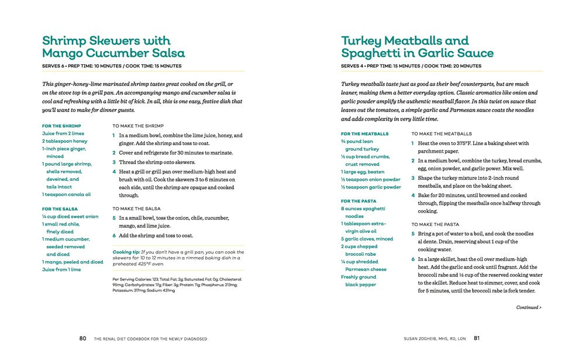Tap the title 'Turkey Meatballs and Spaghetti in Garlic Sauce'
pyautogui.click(x=417, y=47)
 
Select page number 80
pyautogui.click(x=82, y=338)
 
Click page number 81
pyautogui.click(x=477, y=338)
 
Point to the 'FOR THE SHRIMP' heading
pyautogui.click(x=61, y=126)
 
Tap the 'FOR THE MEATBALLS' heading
pyautogui.click(x=364, y=134)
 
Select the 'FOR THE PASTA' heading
pyautogui.click(x=359, y=201)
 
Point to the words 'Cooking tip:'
pyautogui.click(x=126, y=252)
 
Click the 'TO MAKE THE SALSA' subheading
pyautogui.click(x=136, y=208)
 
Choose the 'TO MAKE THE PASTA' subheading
pyautogui.click(x=435, y=224)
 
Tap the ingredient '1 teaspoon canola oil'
pyautogui.click(x=66, y=194)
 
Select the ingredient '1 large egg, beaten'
pyautogui.click(x=363, y=172)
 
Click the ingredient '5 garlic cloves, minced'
pyautogui.click(x=367, y=239)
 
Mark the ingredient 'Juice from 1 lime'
pyautogui.click(x=61, y=270)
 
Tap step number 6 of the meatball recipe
pyautogui.click(x=413, y=259)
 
